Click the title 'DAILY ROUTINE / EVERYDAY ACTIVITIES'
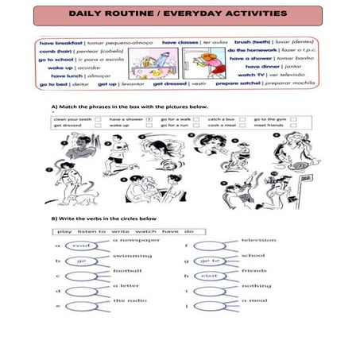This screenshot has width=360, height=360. [x=179, y=14]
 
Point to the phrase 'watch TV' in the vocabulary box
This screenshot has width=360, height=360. [x=252, y=75]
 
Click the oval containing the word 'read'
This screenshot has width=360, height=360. [x=81, y=246]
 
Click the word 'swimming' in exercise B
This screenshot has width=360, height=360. [x=128, y=255]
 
